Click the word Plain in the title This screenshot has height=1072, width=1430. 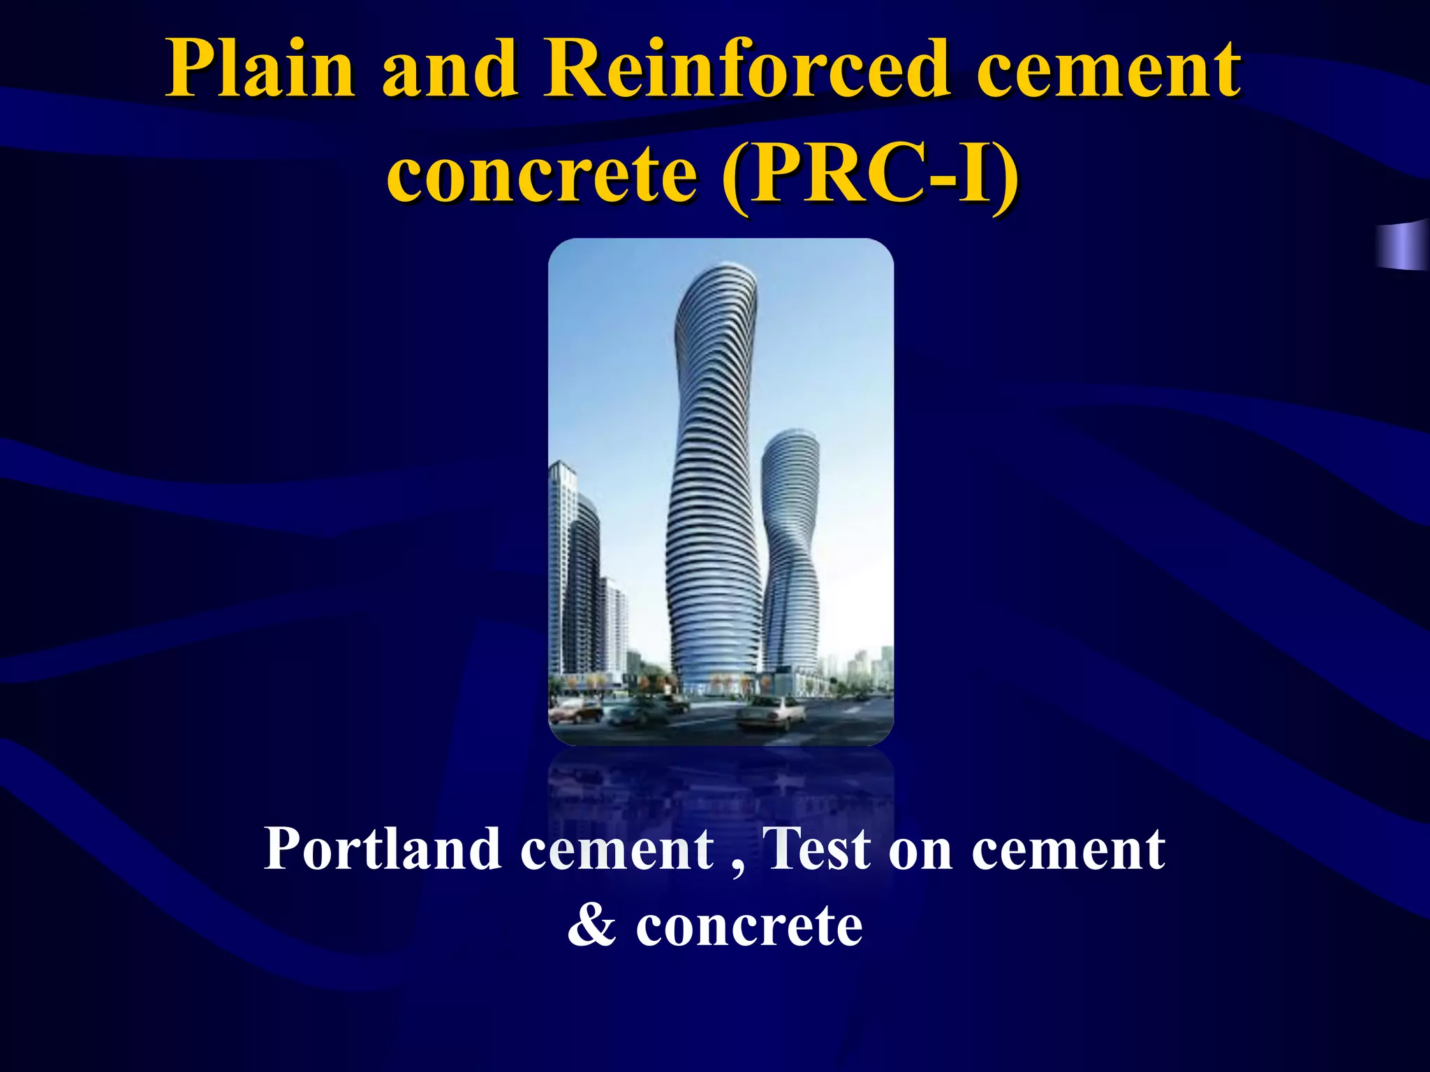coord(260,70)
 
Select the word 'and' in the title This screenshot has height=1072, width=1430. coord(449,70)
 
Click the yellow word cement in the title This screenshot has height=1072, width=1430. coord(1108,70)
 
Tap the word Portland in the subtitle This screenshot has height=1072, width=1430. coord(382,849)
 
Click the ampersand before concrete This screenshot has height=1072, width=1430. coord(591,927)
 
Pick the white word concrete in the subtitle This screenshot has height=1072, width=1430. coord(749,927)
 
